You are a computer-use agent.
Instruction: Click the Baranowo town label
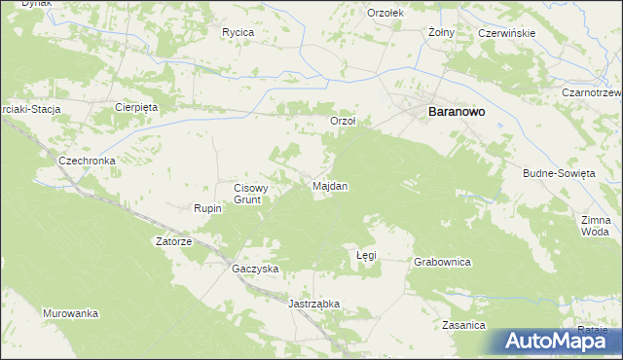[458, 112]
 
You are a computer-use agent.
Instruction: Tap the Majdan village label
[330, 185]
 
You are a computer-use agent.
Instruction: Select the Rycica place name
[238, 32]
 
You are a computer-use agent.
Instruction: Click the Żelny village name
[442, 31]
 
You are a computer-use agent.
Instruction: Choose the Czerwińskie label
[507, 33]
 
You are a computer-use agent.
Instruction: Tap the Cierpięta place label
[135, 107]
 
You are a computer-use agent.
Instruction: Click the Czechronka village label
[88, 161]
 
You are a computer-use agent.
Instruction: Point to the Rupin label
[209, 208]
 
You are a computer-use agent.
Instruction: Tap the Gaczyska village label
[255, 268]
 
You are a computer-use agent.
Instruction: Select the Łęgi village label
[366, 255]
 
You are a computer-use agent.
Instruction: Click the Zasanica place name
[463, 325]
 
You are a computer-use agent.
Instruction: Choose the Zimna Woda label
[595, 226]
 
